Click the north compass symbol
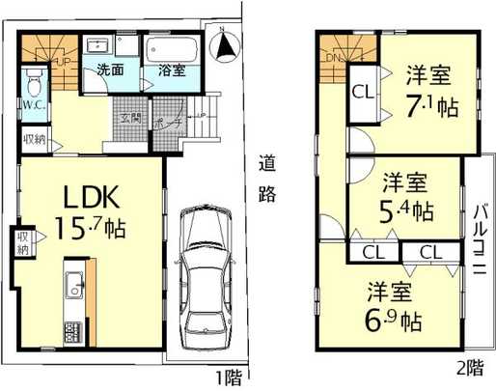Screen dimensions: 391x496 pyautogui.click(x=224, y=44)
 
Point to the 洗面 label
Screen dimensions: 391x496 pyautogui.click(x=109, y=70)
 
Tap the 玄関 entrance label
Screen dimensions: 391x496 pyautogui.click(x=131, y=118)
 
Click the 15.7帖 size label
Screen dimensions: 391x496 pyautogui.click(x=91, y=232)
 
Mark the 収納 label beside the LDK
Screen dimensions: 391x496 pyautogui.click(x=21, y=242)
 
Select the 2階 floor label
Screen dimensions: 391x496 pyautogui.click(x=470, y=368)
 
